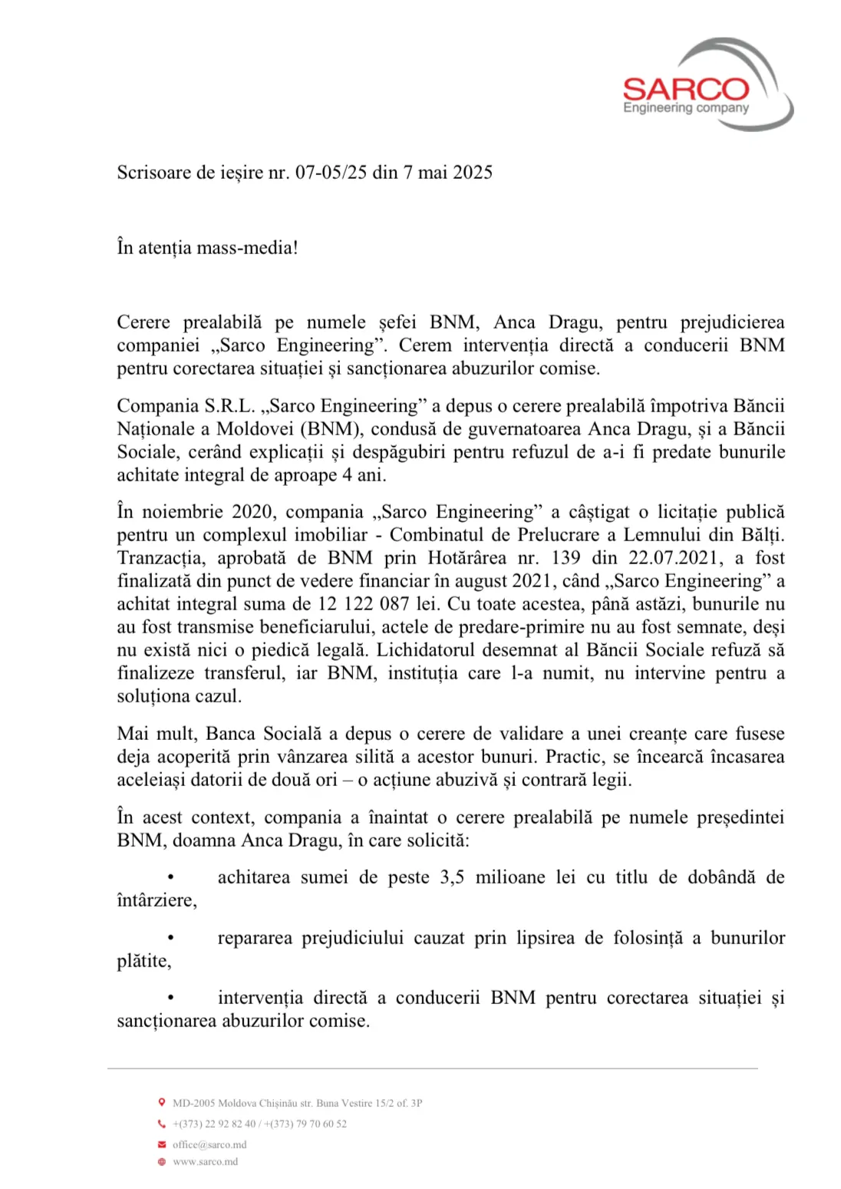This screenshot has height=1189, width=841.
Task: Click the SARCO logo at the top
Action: click(x=706, y=86)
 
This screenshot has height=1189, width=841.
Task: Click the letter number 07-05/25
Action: click(x=331, y=172)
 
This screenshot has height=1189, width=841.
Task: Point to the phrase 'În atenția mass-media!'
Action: click(x=207, y=247)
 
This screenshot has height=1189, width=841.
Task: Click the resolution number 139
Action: click(x=566, y=557)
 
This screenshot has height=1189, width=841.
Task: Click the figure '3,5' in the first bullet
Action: click(x=452, y=877)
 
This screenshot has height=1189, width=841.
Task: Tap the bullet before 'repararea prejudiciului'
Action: click(x=170, y=937)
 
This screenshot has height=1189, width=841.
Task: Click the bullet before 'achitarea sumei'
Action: click(x=170, y=877)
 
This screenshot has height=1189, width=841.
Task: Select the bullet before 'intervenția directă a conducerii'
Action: click(x=170, y=997)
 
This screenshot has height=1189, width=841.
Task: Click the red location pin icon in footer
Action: click(x=161, y=1102)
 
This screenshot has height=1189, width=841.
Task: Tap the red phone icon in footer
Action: click(x=161, y=1123)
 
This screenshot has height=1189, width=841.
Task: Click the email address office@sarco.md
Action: click(x=209, y=1144)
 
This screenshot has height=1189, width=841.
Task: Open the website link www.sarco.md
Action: click(x=205, y=1161)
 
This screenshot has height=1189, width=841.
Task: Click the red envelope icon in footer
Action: click(x=161, y=1144)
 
